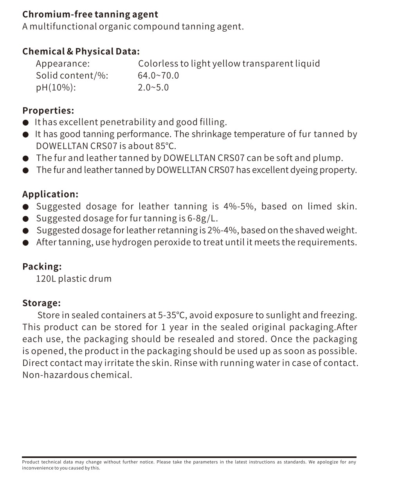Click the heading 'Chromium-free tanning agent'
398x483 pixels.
[x=90, y=14]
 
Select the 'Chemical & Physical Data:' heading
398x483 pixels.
[x=81, y=52]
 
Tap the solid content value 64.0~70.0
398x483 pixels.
[x=158, y=75]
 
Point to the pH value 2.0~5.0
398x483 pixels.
[x=153, y=87]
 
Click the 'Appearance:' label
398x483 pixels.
[x=63, y=64]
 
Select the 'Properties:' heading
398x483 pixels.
[x=48, y=111]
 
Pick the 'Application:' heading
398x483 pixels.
[x=50, y=194]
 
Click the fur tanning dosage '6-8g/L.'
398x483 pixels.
[x=204, y=218]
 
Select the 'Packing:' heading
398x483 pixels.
[x=42, y=267]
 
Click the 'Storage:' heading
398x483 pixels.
[x=41, y=303]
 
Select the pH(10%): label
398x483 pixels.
[x=56, y=87]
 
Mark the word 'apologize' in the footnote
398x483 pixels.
[x=327, y=462]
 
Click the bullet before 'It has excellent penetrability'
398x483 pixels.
[x=26, y=123]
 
